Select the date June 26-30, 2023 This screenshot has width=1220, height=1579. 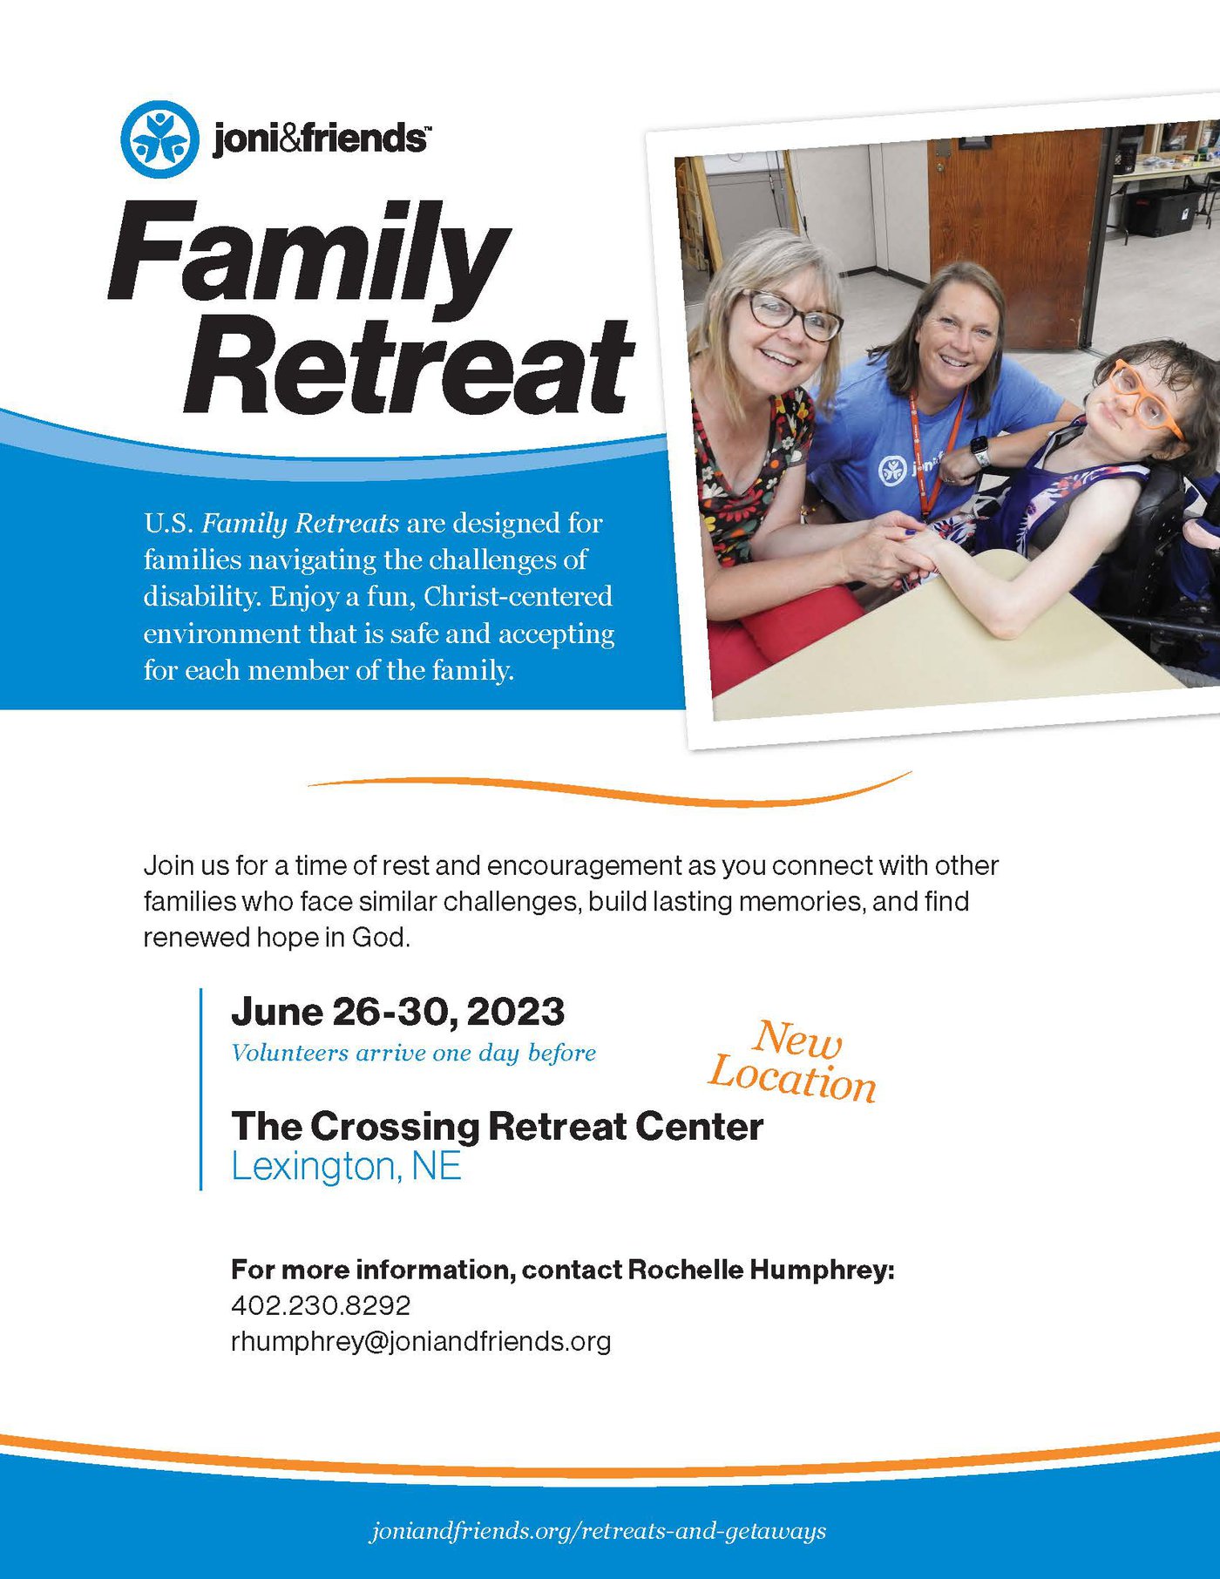[397, 1012]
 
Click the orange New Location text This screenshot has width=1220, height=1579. [792, 1061]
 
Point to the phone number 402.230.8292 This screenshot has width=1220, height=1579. [321, 1305]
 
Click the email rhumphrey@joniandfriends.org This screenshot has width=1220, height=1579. [421, 1341]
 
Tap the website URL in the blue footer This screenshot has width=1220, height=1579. [599, 1531]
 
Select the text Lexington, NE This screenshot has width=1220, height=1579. [346, 1166]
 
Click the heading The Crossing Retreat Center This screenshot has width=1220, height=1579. [497, 1126]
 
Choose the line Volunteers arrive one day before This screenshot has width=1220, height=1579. [413, 1053]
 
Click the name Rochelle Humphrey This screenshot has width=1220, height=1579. [761, 1270]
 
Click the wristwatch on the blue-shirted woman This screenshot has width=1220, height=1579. [979, 451]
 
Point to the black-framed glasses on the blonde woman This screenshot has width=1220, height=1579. [790, 315]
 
